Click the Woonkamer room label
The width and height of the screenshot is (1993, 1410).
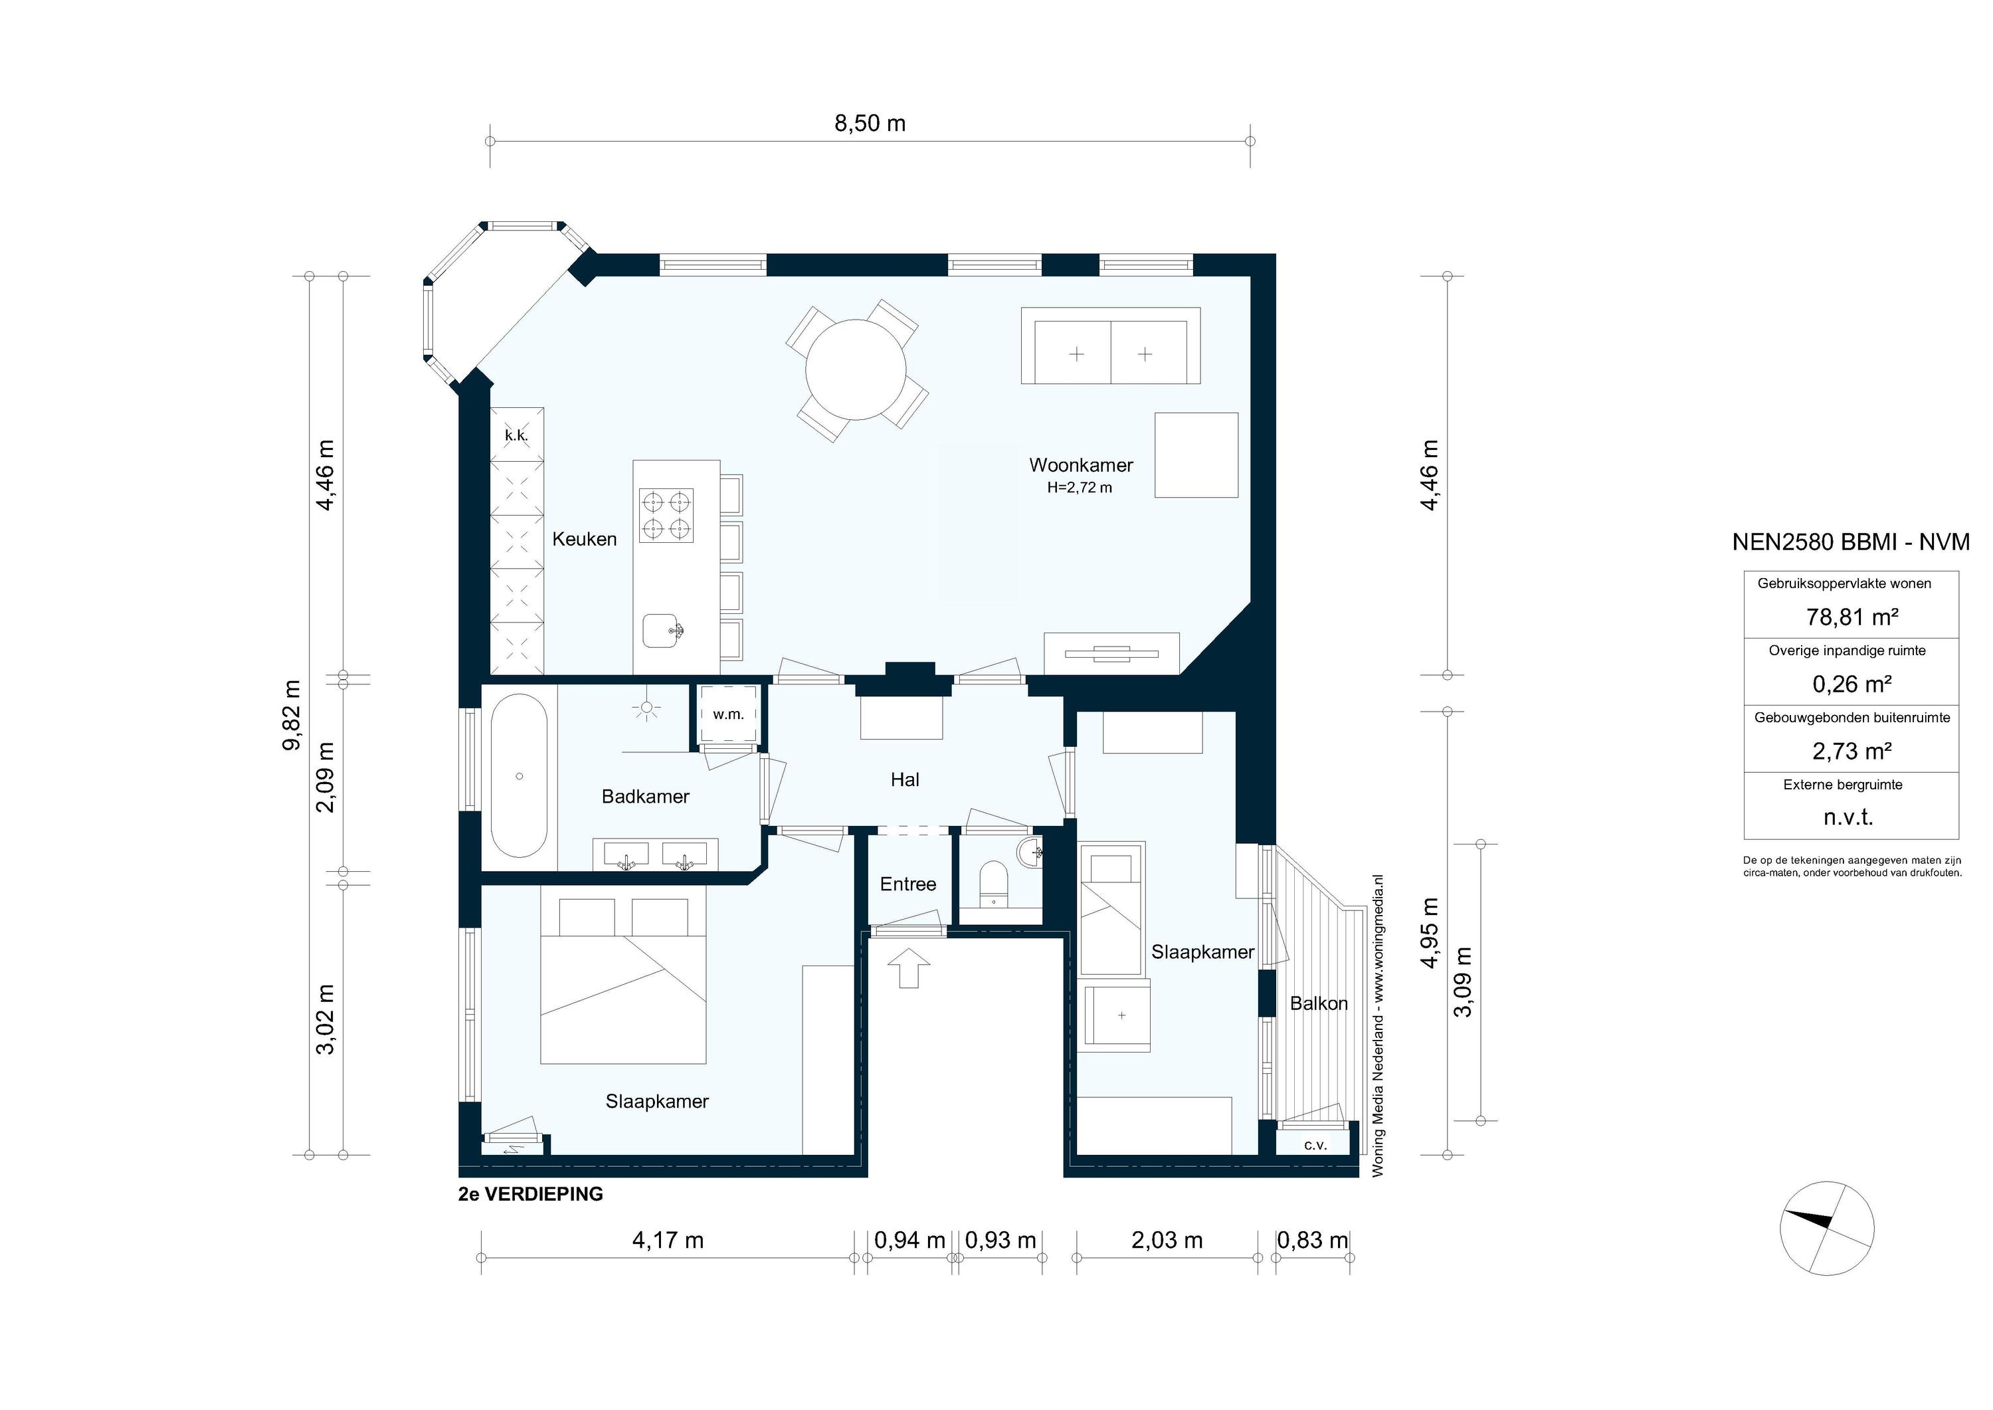point(1081,464)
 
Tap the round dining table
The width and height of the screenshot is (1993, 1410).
point(856,369)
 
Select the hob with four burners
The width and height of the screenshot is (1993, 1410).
point(666,515)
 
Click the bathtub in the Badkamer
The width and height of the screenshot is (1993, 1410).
point(519,776)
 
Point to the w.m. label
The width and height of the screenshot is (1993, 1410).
point(728,714)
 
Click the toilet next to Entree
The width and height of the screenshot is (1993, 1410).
point(991,884)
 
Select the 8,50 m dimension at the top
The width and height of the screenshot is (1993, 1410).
point(870,124)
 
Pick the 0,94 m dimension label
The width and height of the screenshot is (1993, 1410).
point(909,1241)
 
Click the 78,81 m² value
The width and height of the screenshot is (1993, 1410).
point(1851,617)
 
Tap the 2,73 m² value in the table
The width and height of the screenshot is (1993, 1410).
point(1851,751)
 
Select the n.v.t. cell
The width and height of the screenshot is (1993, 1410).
point(1849,817)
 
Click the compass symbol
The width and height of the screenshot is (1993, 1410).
point(1826,1228)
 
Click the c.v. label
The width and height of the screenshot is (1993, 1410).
point(1315,1145)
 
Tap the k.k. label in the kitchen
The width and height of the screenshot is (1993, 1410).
point(516,435)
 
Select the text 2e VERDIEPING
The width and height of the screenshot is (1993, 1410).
point(530,1194)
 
